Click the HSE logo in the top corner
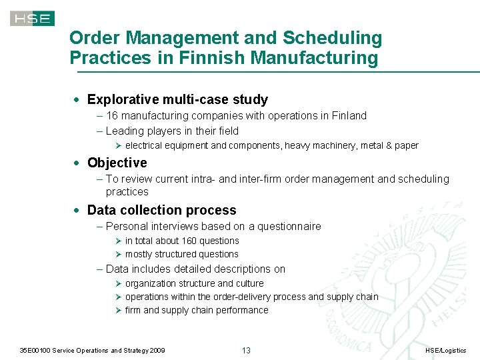tap(32, 18)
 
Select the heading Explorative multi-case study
tap(177, 99)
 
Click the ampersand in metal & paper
tap(386, 145)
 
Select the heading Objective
tap(117, 163)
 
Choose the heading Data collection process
tap(161, 210)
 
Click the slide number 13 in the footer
tap(245, 350)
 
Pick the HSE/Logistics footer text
tap(446, 351)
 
